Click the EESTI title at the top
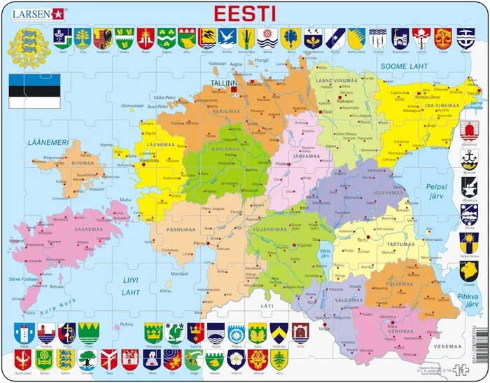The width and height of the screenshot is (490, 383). [244, 13]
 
